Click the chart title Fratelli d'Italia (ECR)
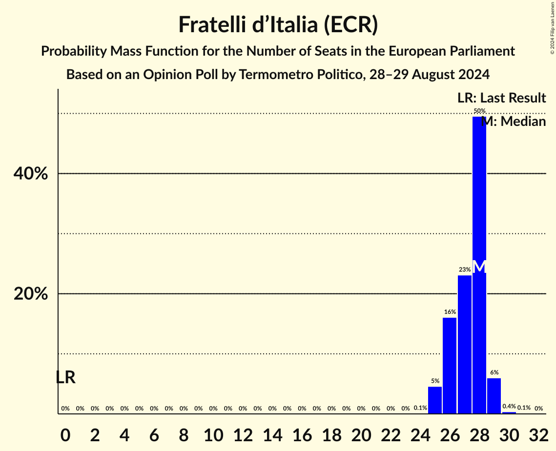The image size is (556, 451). (x=278, y=24)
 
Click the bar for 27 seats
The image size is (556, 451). (x=465, y=344)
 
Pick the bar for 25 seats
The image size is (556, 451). (x=435, y=400)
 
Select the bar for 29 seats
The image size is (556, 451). (x=494, y=395)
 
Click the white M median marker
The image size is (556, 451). (x=479, y=266)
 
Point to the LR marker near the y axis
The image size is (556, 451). (x=65, y=377)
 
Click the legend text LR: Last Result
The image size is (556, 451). (x=501, y=98)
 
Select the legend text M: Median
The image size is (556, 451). (x=514, y=122)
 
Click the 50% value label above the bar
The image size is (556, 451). (x=479, y=111)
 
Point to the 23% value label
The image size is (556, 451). (x=465, y=269)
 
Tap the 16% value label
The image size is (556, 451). (x=450, y=312)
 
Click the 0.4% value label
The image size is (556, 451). (x=509, y=406)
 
